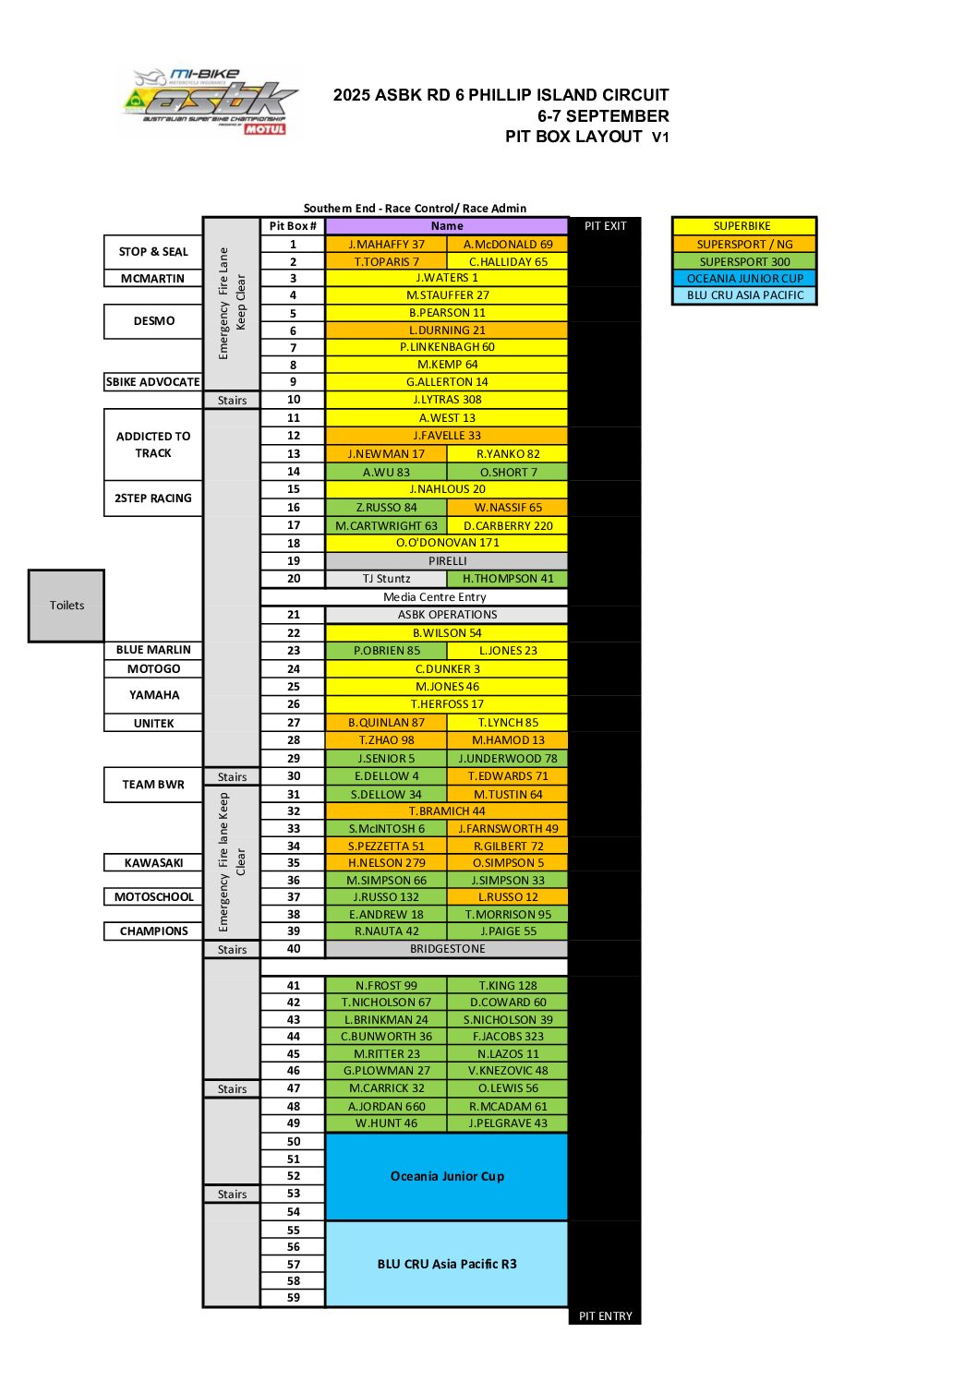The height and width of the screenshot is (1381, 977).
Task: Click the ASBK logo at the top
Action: pyautogui.click(x=211, y=102)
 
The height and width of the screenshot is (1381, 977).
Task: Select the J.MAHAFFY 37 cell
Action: pyautogui.click(x=386, y=245)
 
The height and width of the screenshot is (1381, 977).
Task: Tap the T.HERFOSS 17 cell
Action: pyautogui.click(x=447, y=704)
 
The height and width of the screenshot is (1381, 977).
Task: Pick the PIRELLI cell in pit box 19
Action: pyautogui.click(x=447, y=561)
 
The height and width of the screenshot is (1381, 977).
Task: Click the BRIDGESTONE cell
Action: pyautogui.click(x=447, y=949)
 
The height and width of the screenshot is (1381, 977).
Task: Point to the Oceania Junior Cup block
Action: pyautogui.click(x=447, y=1176)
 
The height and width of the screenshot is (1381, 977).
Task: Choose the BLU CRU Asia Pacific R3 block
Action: pyautogui.click(x=447, y=1264)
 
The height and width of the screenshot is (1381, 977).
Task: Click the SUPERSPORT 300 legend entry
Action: pyautogui.click(x=744, y=261)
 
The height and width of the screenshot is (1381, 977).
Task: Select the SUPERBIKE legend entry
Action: pyautogui.click(x=744, y=226)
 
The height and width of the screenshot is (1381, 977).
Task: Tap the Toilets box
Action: pyautogui.click(x=66, y=606)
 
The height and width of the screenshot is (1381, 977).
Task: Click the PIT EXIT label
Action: pyautogui.click(x=605, y=226)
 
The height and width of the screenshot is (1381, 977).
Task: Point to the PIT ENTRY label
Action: pyautogui.click(x=605, y=1316)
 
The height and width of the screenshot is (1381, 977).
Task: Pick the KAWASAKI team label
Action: pyautogui.click(x=153, y=863)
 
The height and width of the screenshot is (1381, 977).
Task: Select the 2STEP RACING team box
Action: pyautogui.click(x=153, y=498)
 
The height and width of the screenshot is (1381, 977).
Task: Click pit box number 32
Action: pyautogui.click(x=294, y=811)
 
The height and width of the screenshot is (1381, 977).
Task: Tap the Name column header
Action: pyautogui.click(x=447, y=226)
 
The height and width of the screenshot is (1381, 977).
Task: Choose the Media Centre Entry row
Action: pyautogui.click(x=447, y=597)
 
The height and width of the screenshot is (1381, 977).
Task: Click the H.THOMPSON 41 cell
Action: pyautogui.click(x=508, y=579)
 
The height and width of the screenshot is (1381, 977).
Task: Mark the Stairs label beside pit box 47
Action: pyautogui.click(x=232, y=1089)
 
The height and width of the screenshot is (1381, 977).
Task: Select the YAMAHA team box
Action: pyautogui.click(x=153, y=695)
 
